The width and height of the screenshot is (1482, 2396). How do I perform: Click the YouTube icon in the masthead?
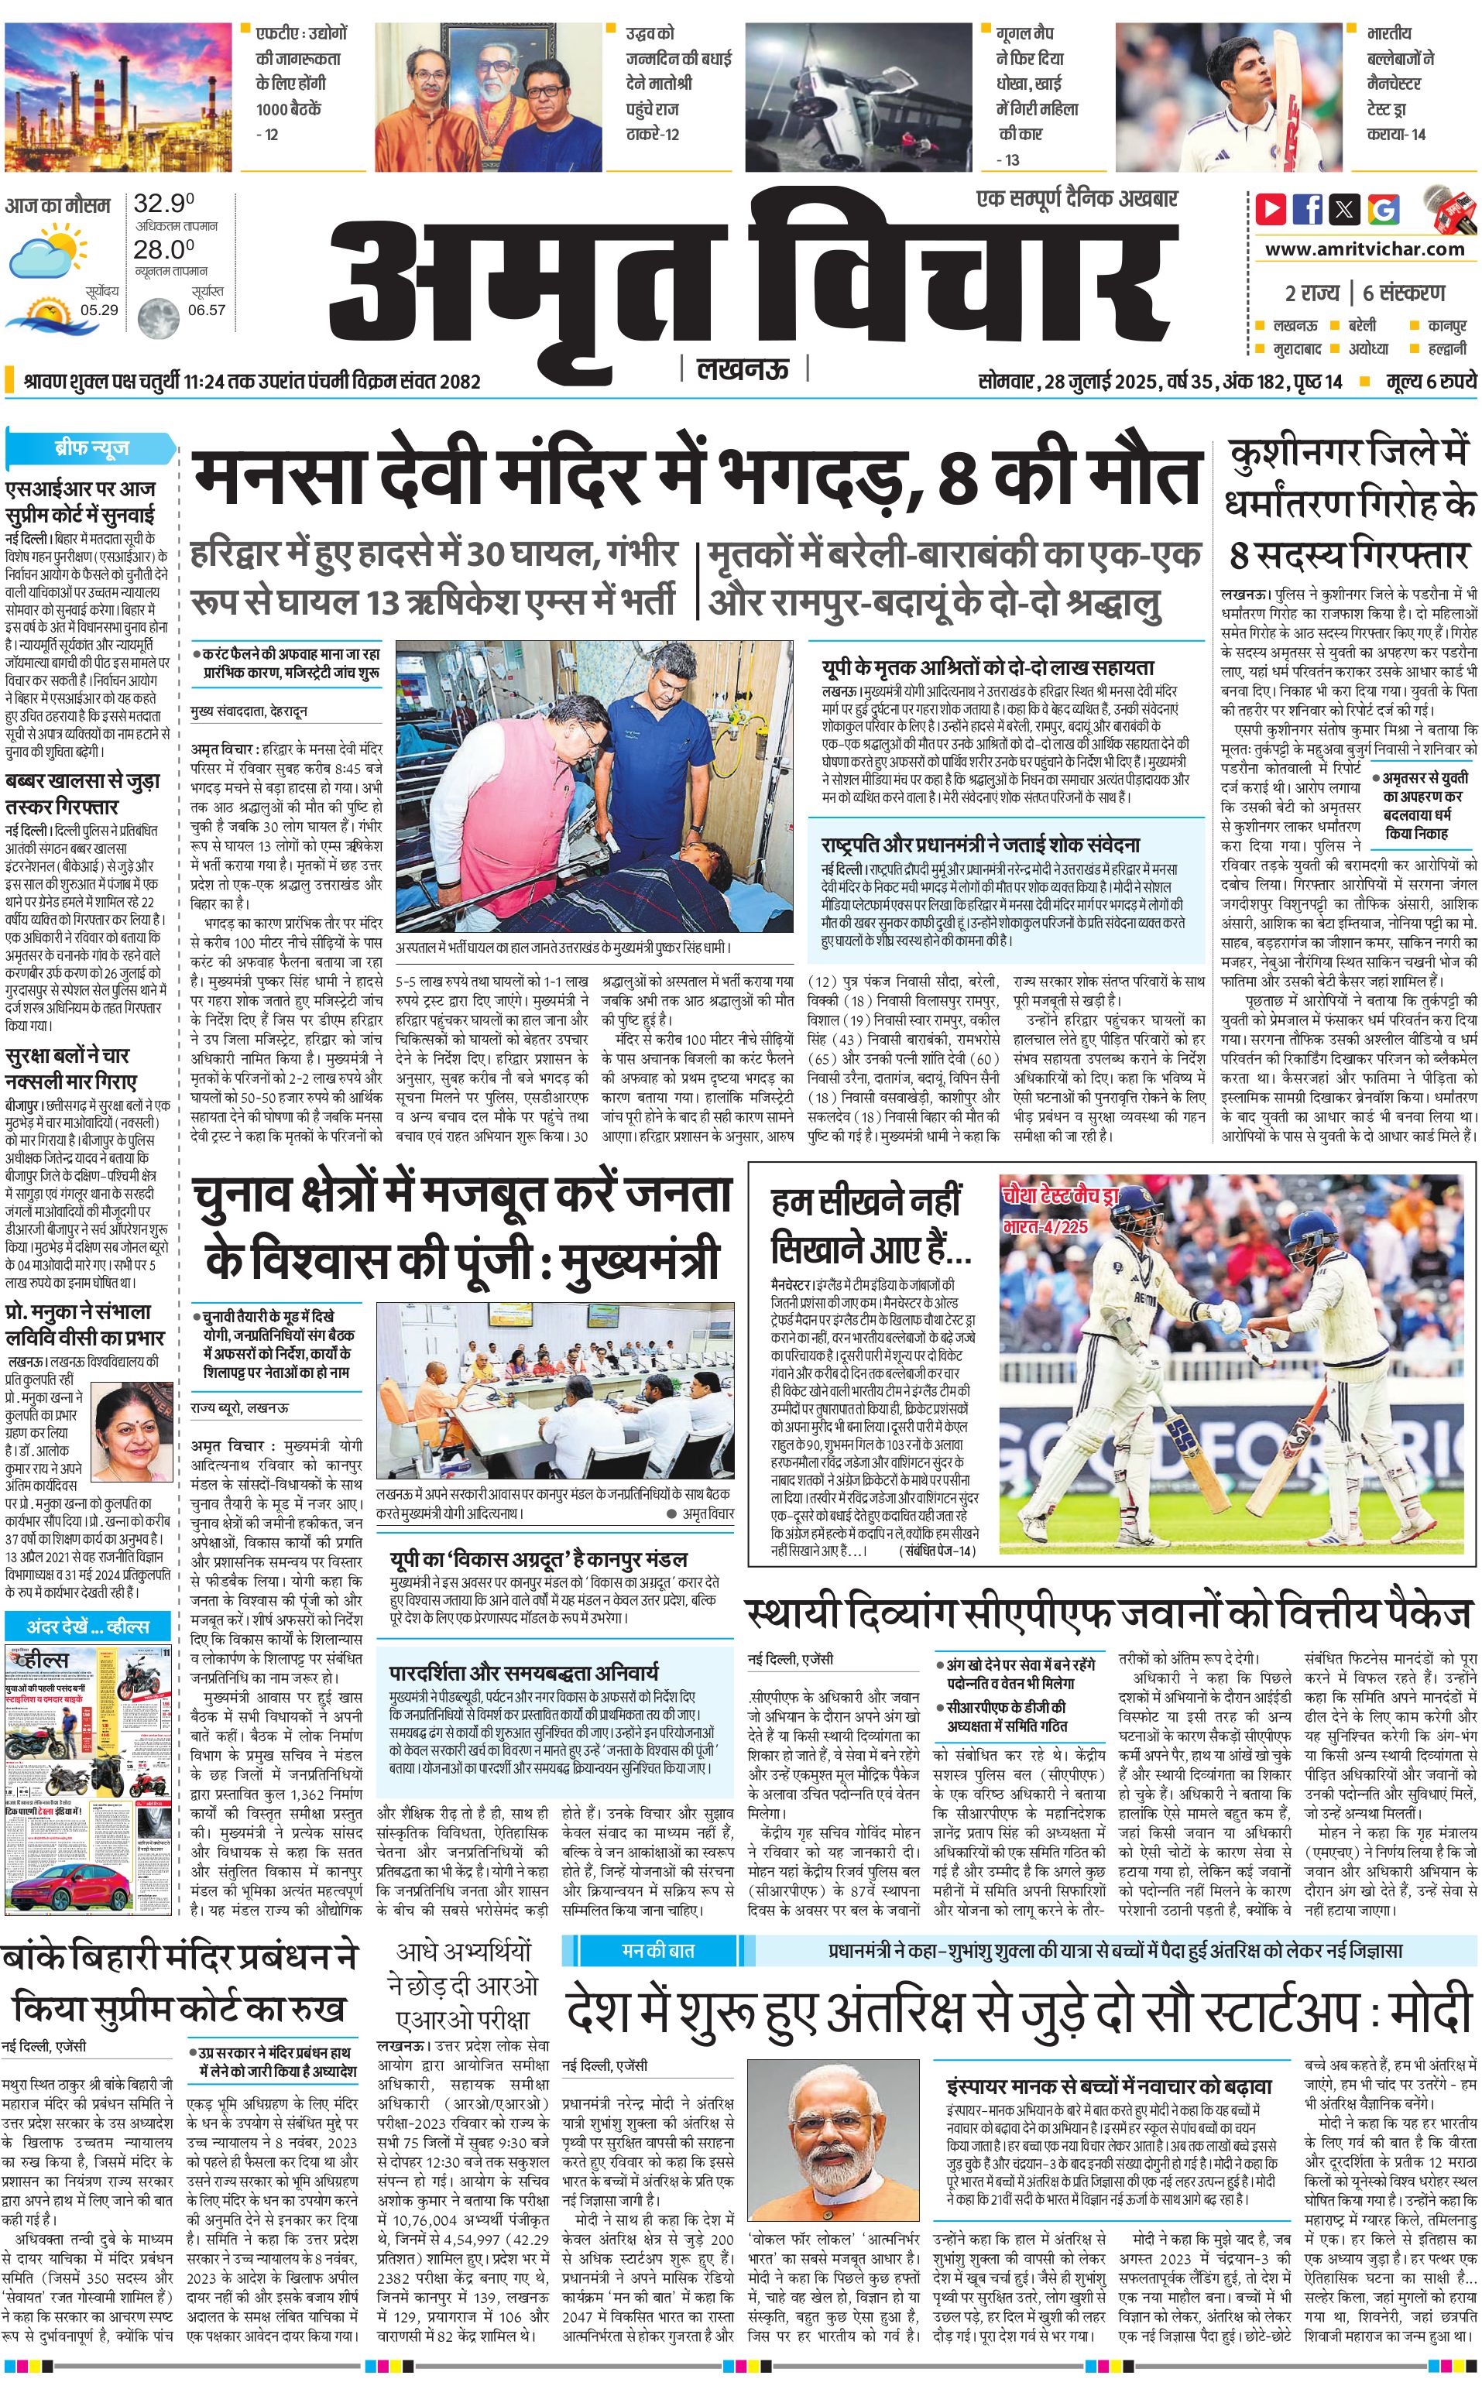coord(1271,209)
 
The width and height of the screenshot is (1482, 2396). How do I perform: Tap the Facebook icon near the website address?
coord(1308,209)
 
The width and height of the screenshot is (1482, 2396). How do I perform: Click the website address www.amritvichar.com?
coord(1364,249)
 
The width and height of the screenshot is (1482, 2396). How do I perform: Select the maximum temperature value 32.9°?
coord(163,204)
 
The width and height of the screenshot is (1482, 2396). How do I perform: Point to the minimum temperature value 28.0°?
coord(163,249)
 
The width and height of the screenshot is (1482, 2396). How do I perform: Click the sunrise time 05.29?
coord(99,310)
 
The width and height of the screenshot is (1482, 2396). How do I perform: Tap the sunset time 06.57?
coord(206,310)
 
